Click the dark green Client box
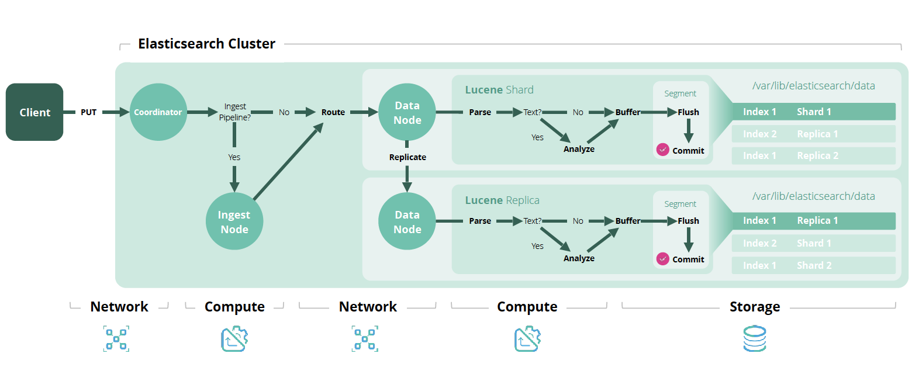[34, 112]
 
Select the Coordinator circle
[158, 112]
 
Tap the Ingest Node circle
[234, 222]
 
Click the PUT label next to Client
[88, 112]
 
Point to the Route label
[333, 112]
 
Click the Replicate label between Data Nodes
[407, 157]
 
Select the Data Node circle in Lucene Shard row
[407, 112]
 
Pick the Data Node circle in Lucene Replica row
[407, 221]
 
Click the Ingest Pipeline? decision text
[235, 112]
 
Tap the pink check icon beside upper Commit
[662, 150]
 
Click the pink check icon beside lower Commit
[662, 259]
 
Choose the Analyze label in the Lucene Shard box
[579, 149]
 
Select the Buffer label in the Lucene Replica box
[628, 221]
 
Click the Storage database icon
[754, 339]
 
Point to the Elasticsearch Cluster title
[206, 44]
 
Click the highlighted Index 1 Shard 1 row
[813, 112]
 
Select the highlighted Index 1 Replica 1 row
[813, 221]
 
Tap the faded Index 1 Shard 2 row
[813, 265]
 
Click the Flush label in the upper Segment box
[688, 112]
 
